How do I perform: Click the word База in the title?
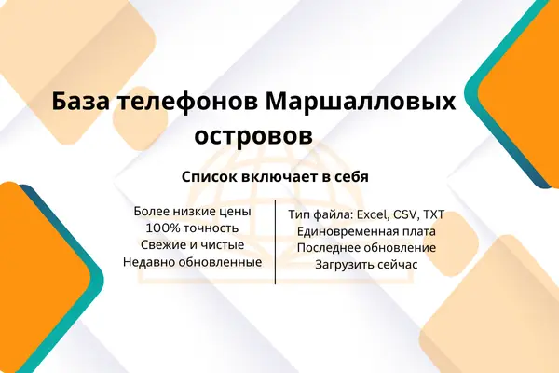pyautogui.click(x=80, y=102)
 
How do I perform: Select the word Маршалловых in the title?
pyautogui.click(x=361, y=103)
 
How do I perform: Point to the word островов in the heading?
pyautogui.click(x=253, y=135)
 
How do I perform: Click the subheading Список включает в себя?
pyautogui.click(x=275, y=176)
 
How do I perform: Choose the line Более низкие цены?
pyautogui.click(x=193, y=212)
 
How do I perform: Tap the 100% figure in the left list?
pyautogui.click(x=162, y=228)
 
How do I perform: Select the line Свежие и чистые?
pyautogui.click(x=193, y=245)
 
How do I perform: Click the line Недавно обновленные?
pyautogui.click(x=193, y=262)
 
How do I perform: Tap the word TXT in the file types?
pyautogui.click(x=434, y=214)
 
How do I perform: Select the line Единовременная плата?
pyautogui.click(x=366, y=231)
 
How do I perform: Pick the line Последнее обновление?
pyautogui.click(x=366, y=248)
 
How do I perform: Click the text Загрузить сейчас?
pyautogui.click(x=366, y=265)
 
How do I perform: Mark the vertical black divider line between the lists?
pyautogui.click(x=275, y=242)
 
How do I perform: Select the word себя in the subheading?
pyautogui.click(x=352, y=176)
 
